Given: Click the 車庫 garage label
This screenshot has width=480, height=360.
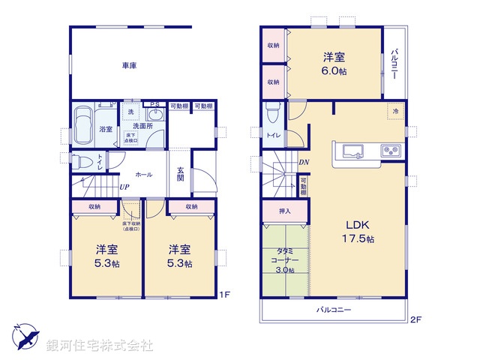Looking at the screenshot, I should [130, 67].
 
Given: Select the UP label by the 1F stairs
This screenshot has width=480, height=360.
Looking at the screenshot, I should [123, 187].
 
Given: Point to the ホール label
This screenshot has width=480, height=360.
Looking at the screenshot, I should [145, 175].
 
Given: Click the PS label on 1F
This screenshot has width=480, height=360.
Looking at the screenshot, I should [154, 104].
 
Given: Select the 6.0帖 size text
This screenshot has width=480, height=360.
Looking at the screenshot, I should [334, 72].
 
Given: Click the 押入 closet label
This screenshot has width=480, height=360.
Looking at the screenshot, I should [284, 212].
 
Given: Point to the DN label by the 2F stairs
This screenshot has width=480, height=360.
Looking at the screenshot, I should [304, 162].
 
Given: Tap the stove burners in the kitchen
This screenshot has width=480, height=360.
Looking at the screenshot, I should [391, 150].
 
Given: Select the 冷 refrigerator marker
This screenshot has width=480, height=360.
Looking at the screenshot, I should [395, 112].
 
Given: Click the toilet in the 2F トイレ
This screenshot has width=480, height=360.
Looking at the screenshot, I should [272, 113].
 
